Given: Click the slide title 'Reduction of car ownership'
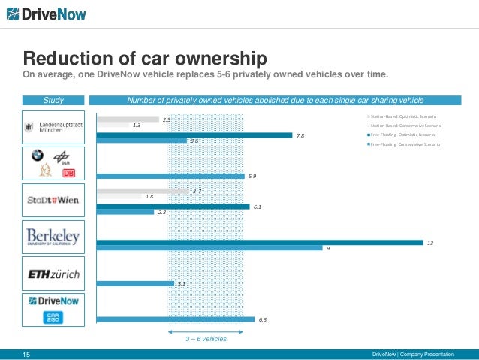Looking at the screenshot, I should point(143,59).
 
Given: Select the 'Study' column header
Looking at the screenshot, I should point(53,100).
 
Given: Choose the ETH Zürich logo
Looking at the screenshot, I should point(53,274).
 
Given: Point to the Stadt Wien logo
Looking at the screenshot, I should point(53,201).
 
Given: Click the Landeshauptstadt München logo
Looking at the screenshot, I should point(53,127).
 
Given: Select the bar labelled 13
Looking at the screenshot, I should point(259,242).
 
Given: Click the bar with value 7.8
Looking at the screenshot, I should point(194,135).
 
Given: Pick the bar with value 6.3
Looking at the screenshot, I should point(175,319).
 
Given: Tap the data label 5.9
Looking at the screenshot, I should point(252,176).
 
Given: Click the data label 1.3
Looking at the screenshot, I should point(137,125).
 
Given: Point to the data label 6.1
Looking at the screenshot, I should point(258,206).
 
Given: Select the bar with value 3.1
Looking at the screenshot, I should point(135,283).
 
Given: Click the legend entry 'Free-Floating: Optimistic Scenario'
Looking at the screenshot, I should point(402,134).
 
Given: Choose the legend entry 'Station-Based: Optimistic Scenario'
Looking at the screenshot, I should point(402,116).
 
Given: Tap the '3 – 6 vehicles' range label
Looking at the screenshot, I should point(206,339).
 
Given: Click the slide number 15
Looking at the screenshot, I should point(26,354).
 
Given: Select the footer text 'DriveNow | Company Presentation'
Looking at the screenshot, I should point(417,354).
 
